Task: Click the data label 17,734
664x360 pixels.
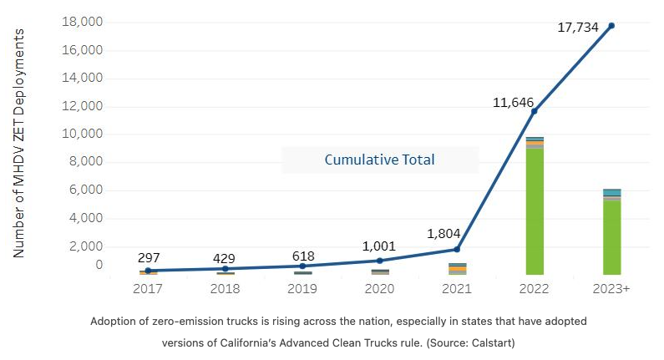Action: tap(578, 28)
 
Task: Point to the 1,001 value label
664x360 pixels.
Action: tap(380, 246)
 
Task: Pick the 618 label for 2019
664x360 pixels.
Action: tap(302, 256)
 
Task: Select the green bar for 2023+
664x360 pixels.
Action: tap(612, 238)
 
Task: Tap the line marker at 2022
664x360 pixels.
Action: tap(535, 111)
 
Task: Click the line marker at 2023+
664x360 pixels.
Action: tap(611, 26)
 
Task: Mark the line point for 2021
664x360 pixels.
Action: tap(457, 250)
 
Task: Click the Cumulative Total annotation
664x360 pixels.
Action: tap(379, 160)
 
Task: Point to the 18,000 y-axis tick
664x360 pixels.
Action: tap(81, 22)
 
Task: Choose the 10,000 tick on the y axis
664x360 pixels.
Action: tap(81, 134)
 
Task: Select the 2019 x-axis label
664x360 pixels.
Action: tap(302, 288)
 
